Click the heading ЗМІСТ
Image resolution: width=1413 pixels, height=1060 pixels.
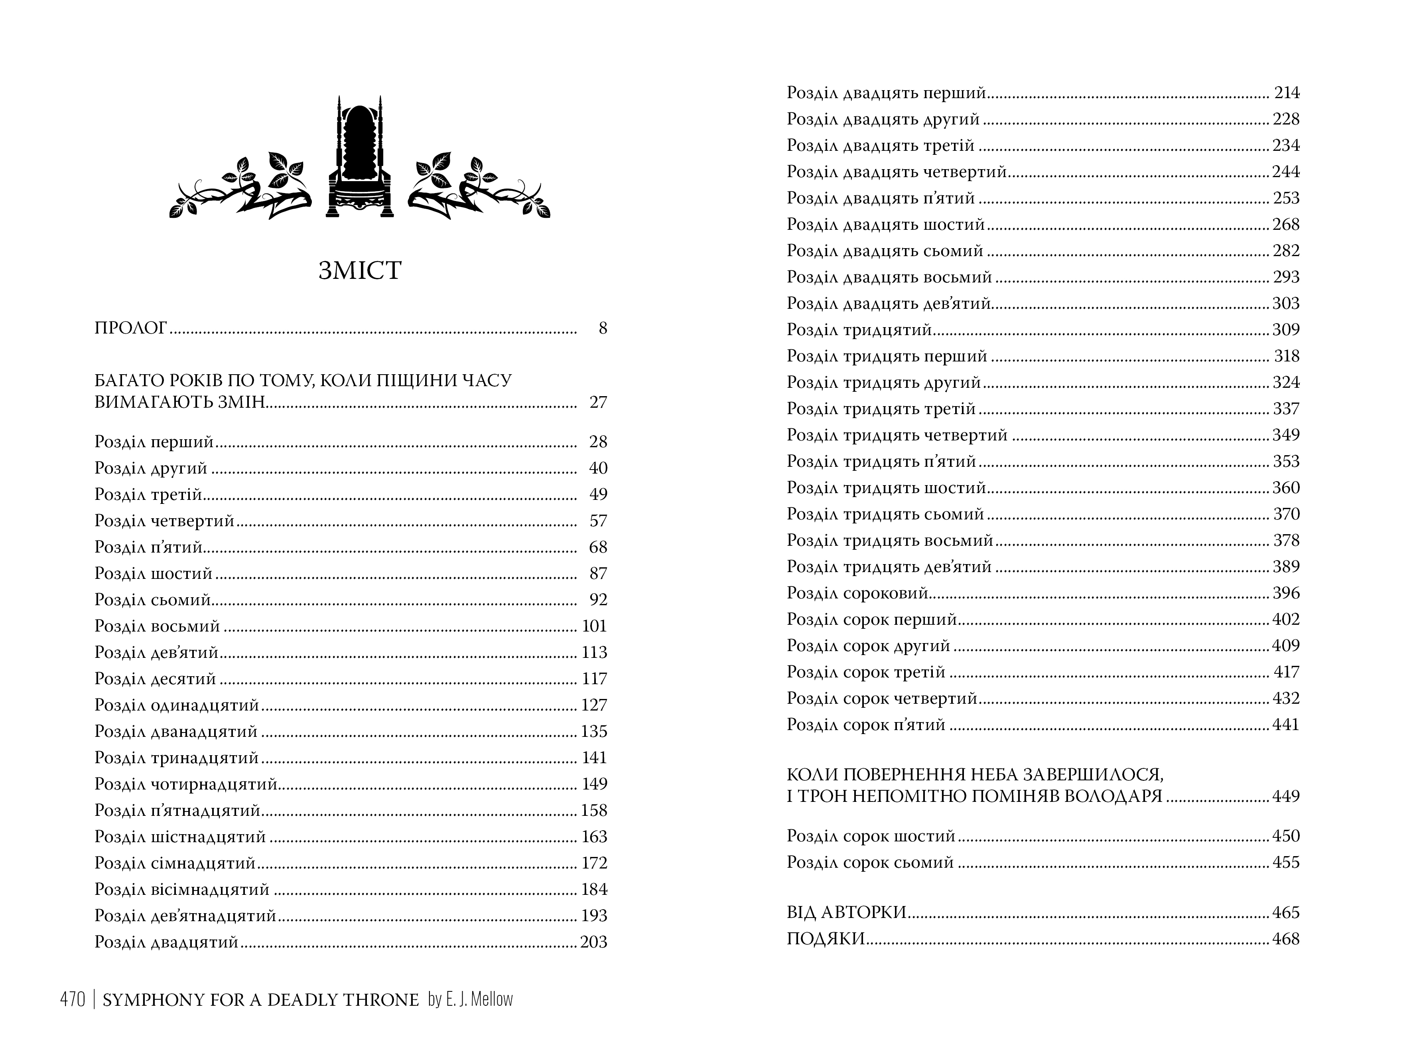point(360,270)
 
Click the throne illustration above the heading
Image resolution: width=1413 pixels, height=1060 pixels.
point(360,160)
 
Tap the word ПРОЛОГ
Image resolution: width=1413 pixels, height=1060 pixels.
point(131,328)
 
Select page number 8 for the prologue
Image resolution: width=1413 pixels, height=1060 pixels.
point(602,328)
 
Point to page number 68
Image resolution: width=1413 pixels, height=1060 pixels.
point(598,547)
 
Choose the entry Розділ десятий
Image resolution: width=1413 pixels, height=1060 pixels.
point(155,679)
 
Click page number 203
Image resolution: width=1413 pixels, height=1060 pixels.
point(593,942)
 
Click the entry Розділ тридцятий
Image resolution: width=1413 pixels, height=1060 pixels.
point(859,330)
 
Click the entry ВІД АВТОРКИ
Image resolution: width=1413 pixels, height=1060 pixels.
point(846,912)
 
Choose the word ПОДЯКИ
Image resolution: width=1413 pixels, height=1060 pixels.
point(826,939)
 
